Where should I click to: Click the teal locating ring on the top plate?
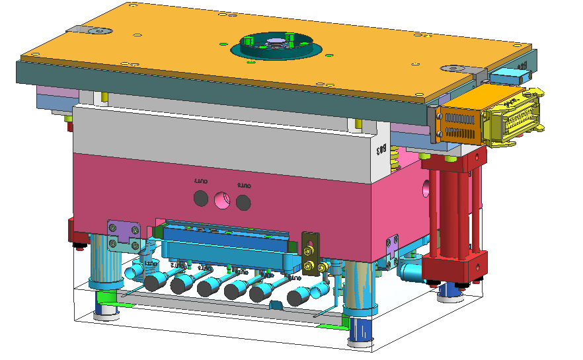tap(276, 47)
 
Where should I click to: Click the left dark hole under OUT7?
tap(200, 198)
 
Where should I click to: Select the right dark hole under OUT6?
tap(244, 200)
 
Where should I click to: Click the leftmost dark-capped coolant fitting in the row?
tap(155, 283)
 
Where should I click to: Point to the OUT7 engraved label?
tap(200, 180)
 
